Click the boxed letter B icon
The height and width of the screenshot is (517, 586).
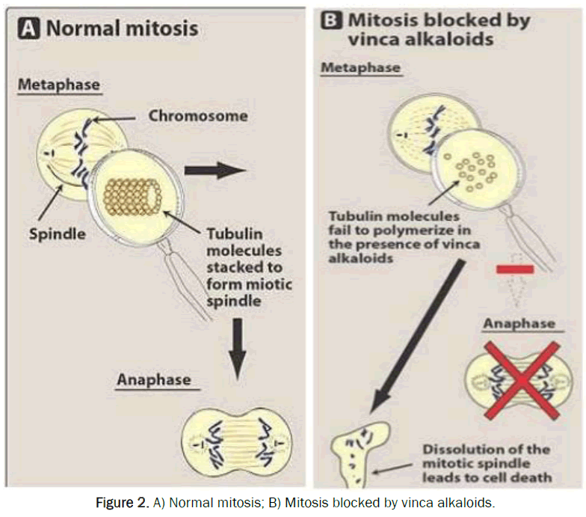coord(329,20)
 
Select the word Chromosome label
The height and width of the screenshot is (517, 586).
coord(198,116)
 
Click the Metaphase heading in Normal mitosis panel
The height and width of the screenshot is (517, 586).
coord(58,85)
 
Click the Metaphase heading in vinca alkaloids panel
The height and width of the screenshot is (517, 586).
coord(361,68)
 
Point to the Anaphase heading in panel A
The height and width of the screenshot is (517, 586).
coord(154,380)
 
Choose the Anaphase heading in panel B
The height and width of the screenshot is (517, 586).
coord(519,323)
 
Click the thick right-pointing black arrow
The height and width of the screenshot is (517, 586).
coord(215,171)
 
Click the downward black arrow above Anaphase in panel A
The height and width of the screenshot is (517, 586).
coord(237,346)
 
